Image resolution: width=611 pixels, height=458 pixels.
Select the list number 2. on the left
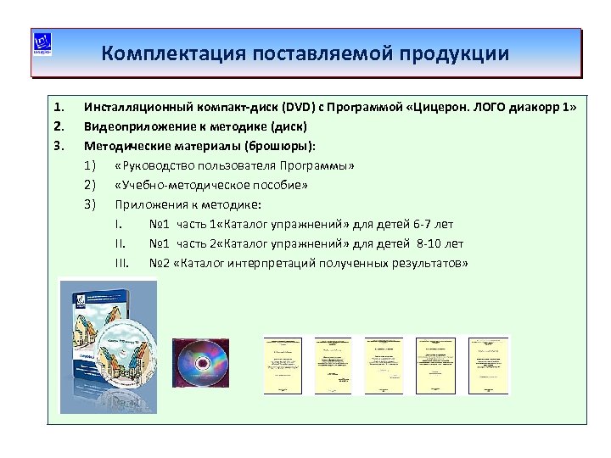(x=59, y=126)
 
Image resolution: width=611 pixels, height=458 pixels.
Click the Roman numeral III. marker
(x=121, y=262)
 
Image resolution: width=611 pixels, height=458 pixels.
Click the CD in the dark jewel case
(x=201, y=362)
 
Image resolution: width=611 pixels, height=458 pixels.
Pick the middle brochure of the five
(x=384, y=365)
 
